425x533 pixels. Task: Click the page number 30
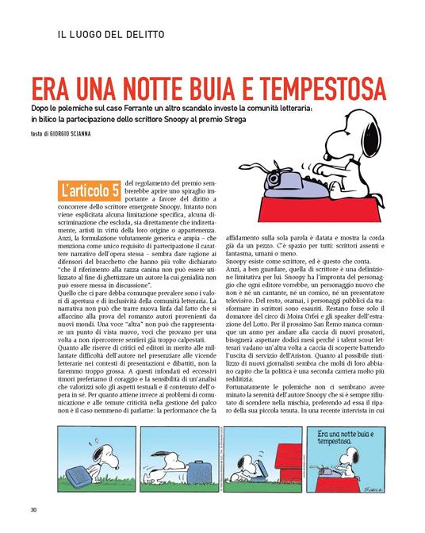point(33,508)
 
